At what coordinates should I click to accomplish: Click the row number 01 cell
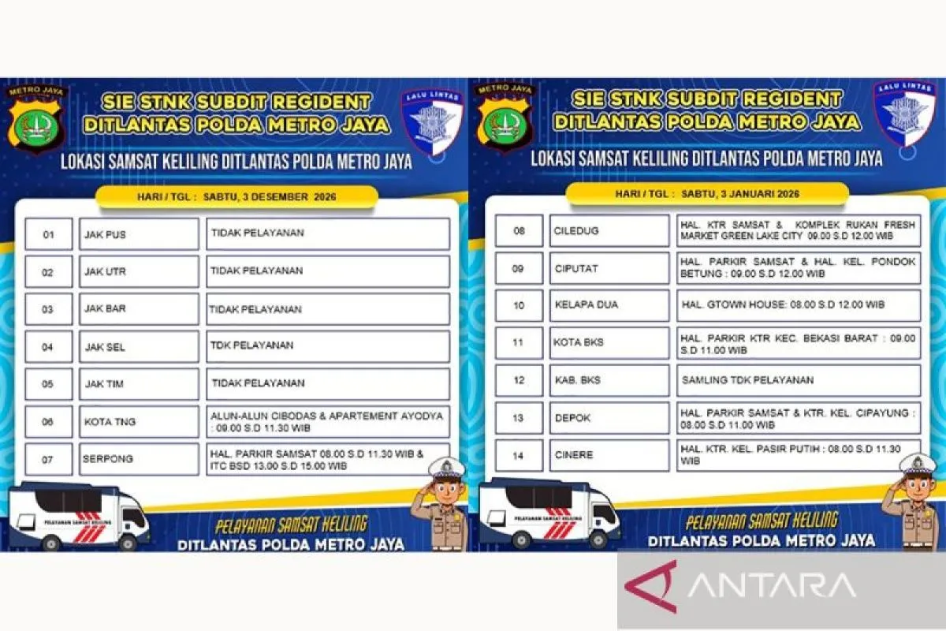(48, 234)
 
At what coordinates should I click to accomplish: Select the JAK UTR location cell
(139, 272)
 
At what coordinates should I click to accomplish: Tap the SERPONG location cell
(139, 459)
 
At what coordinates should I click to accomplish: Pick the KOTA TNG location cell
(139, 422)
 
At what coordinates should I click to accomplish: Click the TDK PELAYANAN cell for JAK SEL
(328, 346)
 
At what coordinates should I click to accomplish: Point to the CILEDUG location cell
(609, 231)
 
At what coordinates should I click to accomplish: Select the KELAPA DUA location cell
(609, 305)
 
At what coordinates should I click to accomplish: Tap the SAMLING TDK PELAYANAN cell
(798, 380)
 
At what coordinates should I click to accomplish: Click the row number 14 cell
(519, 455)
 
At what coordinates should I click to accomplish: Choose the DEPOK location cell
(609, 418)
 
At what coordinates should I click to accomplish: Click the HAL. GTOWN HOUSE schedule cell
(798, 305)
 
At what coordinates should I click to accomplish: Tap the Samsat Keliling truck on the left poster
(79, 517)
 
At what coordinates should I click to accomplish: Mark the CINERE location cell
(609, 455)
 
